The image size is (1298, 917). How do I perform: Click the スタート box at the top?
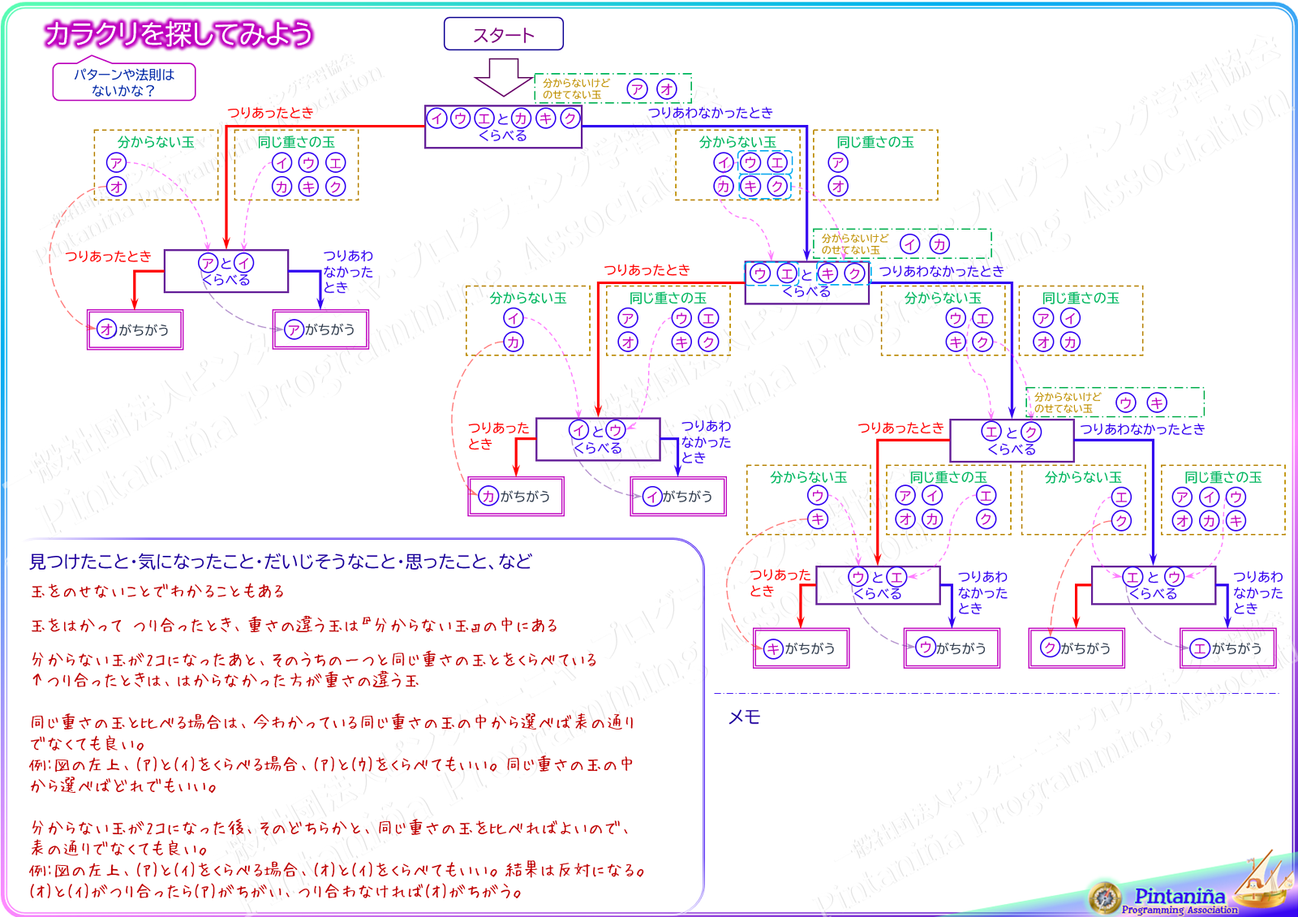[x=503, y=34]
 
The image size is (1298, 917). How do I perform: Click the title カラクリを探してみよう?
[x=178, y=34]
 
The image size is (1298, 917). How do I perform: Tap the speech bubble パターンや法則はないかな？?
[x=124, y=82]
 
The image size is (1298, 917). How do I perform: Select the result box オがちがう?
[x=135, y=329]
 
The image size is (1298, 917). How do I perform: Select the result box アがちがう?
[x=320, y=329]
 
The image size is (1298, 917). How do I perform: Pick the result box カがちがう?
[x=516, y=496]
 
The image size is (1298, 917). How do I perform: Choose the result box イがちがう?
[x=678, y=496]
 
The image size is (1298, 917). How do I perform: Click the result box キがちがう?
[x=801, y=648]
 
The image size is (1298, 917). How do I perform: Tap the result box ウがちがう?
[x=952, y=648]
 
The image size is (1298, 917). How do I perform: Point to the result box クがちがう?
[x=1077, y=648]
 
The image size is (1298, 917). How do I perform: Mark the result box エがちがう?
[x=1227, y=648]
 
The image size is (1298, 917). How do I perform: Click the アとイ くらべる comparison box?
[x=226, y=271]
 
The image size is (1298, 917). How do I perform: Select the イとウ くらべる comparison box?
[x=598, y=439]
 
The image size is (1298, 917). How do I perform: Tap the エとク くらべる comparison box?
[x=1012, y=440]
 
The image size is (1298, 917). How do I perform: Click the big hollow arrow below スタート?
[x=503, y=77]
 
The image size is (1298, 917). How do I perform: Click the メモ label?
[x=744, y=717]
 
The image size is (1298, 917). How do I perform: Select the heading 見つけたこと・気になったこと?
[x=281, y=562]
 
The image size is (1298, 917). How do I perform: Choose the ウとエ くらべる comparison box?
[x=878, y=585]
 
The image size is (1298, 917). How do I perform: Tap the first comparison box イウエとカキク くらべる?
[x=503, y=127]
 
